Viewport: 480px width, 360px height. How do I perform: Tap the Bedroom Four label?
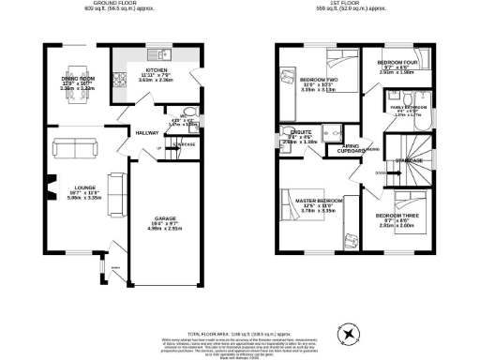pos(400,66)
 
